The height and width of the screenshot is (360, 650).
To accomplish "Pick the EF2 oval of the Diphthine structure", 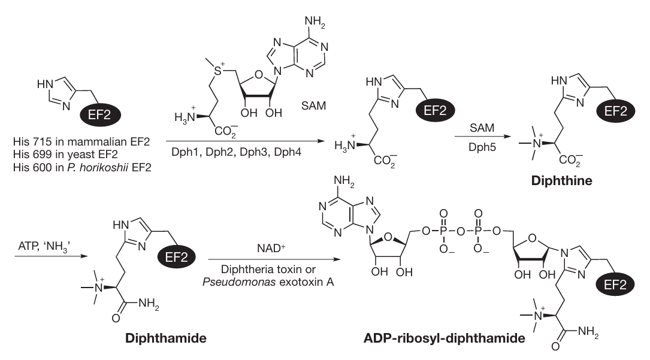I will click(618, 110).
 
